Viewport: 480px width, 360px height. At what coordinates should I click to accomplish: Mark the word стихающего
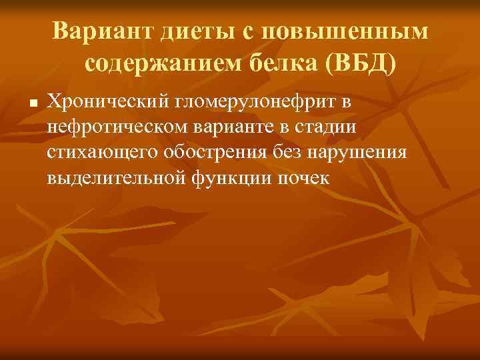(x=99, y=153)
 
